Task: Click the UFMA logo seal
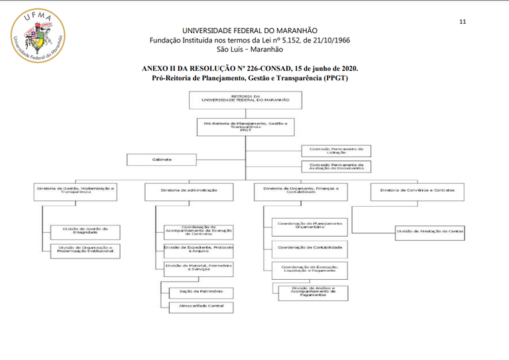pyautogui.click(x=37, y=36)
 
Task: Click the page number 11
pyautogui.click(x=463, y=21)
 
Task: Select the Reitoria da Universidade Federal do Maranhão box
pyautogui.click(x=245, y=99)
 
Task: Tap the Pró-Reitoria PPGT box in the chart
pyautogui.click(x=245, y=127)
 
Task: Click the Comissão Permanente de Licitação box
pyautogui.click(x=336, y=151)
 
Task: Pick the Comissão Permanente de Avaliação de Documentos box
pyautogui.click(x=336, y=166)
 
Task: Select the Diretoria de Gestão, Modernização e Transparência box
pyautogui.click(x=77, y=190)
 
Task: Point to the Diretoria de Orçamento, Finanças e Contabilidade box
pyautogui.click(x=300, y=190)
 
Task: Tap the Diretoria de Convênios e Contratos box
pyautogui.click(x=417, y=190)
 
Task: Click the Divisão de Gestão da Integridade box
pyautogui.click(x=85, y=231)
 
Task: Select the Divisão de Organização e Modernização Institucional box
pyautogui.click(x=85, y=249)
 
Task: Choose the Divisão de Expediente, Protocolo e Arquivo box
pyautogui.click(x=199, y=248)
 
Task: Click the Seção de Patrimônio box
pyautogui.click(x=196, y=292)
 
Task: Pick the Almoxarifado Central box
pyautogui.click(x=196, y=306)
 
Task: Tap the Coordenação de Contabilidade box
pyautogui.click(x=310, y=248)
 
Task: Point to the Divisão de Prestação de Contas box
pyautogui.click(x=429, y=231)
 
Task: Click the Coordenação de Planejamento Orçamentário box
pyautogui.click(x=310, y=227)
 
